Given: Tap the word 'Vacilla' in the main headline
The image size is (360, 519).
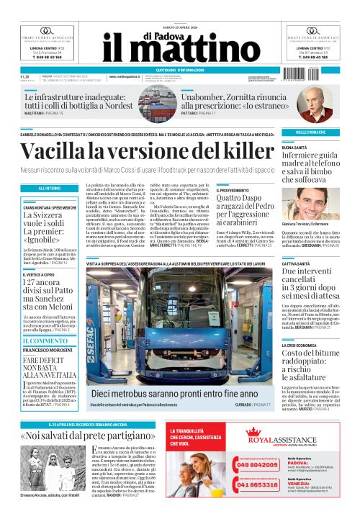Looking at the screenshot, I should pyautogui.click(x=58, y=152).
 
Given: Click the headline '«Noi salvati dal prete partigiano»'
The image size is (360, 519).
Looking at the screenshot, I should pyautogui.click(x=92, y=436).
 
